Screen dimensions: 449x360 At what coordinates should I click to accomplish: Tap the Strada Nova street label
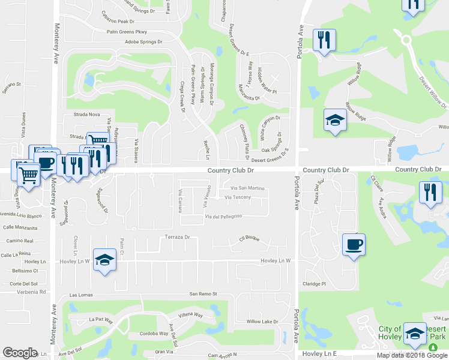tap(86, 114)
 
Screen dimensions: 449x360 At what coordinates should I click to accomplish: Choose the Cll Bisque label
tap(249, 239)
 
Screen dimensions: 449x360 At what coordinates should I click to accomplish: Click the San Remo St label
tap(203, 294)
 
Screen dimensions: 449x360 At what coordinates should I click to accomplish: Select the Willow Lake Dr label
tap(263, 322)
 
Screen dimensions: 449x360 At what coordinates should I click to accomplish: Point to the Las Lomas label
tap(82, 295)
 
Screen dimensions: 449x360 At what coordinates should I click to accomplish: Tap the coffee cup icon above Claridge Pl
tap(354, 244)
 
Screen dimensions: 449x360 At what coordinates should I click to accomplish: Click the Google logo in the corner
tap(20, 353)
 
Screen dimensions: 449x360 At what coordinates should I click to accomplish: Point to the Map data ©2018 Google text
tap(412, 355)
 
